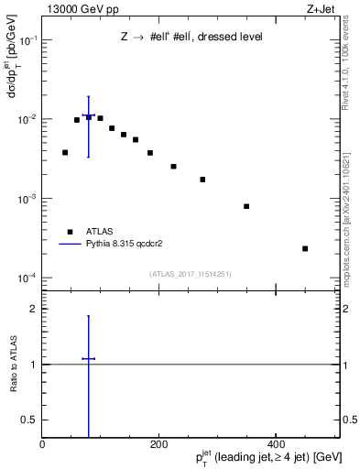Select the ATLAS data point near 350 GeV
point(246,206)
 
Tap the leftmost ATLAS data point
point(65,152)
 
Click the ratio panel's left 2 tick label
point(34,309)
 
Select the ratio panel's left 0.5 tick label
point(30,420)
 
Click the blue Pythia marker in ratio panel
point(89,358)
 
